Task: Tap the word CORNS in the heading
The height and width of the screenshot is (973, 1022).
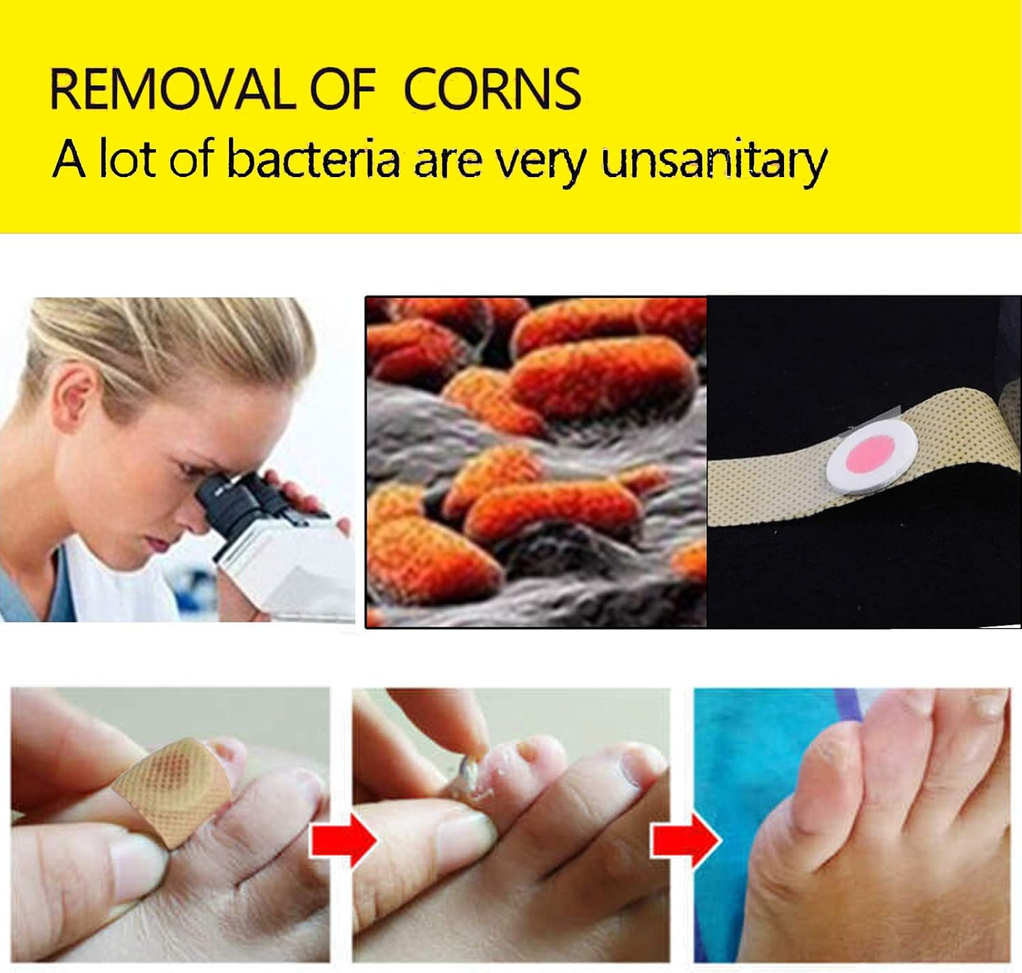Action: pos(493,89)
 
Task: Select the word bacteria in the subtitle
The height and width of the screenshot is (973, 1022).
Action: pos(312,160)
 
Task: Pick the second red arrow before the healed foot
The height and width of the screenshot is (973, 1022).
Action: pos(685,840)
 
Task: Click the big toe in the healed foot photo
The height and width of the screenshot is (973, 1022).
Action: pos(818,784)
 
